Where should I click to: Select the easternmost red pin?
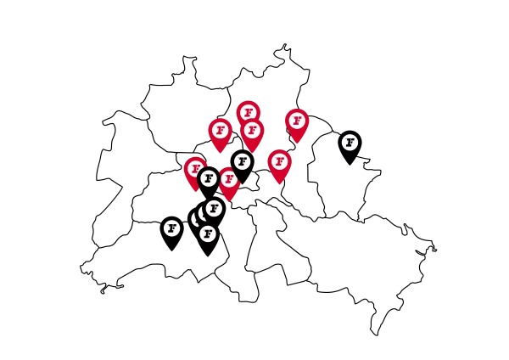297,126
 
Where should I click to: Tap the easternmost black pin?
350,148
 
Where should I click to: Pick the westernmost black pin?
171,233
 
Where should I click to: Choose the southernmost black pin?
208,239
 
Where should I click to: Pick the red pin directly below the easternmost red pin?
279,166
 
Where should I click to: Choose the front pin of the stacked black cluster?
208,239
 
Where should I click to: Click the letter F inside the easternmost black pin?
350,143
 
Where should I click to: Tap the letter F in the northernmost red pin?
249,113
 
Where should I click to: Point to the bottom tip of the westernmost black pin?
171,250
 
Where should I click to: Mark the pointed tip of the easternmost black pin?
350,165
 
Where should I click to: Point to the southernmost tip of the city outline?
377,335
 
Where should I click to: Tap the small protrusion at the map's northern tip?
285,47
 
